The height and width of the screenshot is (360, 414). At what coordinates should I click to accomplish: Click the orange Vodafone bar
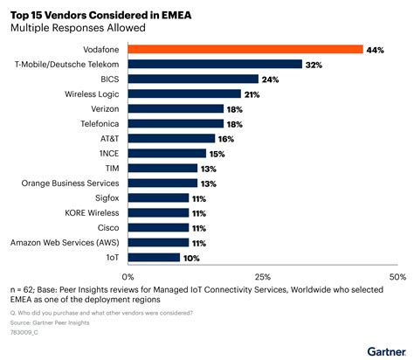click(x=245, y=49)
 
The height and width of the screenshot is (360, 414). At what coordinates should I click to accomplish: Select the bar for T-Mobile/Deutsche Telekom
click(x=215, y=64)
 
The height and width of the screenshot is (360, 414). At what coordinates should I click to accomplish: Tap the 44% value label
click(x=376, y=49)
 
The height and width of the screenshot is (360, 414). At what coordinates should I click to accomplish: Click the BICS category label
click(x=109, y=79)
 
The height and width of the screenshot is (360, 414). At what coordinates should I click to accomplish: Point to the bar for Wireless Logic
click(x=184, y=93)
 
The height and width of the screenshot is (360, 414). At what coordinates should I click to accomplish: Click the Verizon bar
click(x=176, y=108)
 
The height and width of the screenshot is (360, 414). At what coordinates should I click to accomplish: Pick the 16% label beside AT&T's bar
click(x=227, y=138)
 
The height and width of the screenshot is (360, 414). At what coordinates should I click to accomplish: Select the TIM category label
click(x=112, y=168)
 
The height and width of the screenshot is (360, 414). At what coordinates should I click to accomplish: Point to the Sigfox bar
click(x=158, y=197)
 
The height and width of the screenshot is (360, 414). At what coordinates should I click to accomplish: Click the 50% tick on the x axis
click(x=397, y=276)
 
